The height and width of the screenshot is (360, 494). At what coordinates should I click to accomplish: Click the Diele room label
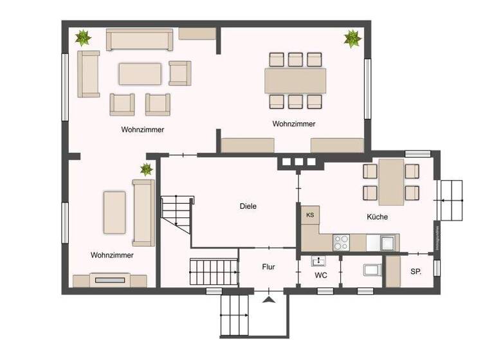pyautogui.click(x=248, y=206)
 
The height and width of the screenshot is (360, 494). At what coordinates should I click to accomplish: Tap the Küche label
pyautogui.click(x=377, y=217)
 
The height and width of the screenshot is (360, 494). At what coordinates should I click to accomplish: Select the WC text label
pyautogui.click(x=321, y=275)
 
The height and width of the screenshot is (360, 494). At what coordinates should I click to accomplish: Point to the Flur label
pyautogui.click(x=268, y=266)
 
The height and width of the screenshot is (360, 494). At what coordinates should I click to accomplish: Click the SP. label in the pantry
pyautogui.click(x=416, y=272)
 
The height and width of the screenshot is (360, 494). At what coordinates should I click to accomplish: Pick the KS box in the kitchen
pyautogui.click(x=310, y=215)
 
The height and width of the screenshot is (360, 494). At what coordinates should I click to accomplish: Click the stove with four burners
pyautogui.click(x=341, y=242)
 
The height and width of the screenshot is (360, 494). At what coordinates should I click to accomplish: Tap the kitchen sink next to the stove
pyautogui.click(x=387, y=242)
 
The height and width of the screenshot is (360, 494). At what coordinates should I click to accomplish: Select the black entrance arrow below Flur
pyautogui.click(x=268, y=298)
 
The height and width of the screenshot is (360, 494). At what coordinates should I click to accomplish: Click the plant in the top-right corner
pyautogui.click(x=352, y=39)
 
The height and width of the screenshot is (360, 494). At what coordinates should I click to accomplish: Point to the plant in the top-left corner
pyautogui.click(x=82, y=38)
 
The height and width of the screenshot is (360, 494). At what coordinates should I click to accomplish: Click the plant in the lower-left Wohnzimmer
pyautogui.click(x=147, y=170)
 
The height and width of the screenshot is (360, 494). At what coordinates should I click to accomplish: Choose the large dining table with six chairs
pyautogui.click(x=295, y=80)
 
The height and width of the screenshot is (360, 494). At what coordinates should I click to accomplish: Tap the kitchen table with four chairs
pyautogui.click(x=391, y=181)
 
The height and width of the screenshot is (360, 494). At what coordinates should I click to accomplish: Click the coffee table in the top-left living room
pyautogui.click(x=140, y=73)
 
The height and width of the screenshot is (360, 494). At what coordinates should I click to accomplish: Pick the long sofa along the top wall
pyautogui.click(x=140, y=40)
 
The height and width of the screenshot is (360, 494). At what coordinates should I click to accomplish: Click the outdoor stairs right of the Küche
pyautogui.click(x=452, y=200)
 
